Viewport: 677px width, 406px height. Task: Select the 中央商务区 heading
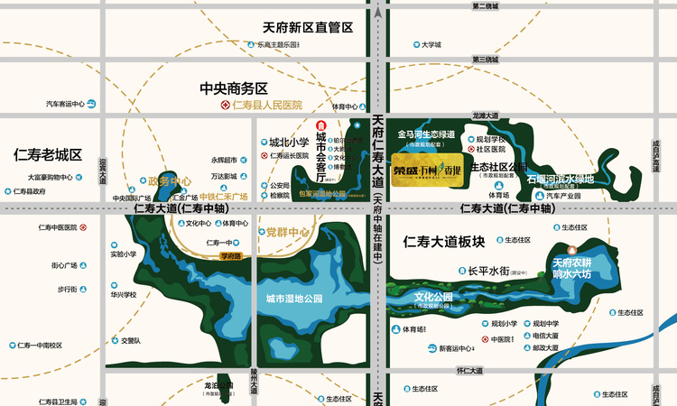tap(235, 88)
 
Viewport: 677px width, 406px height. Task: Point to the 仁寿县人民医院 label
tap(266, 106)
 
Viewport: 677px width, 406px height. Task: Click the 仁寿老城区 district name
tap(48, 154)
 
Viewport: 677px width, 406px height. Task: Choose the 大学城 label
tap(431, 43)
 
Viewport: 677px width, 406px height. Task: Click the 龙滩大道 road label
tap(485, 115)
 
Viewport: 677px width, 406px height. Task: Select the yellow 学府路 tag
tap(232, 256)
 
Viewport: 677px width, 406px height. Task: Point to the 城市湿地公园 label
tap(295, 298)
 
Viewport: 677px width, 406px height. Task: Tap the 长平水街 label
tap(489, 269)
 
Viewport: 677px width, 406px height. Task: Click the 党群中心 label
tap(288, 233)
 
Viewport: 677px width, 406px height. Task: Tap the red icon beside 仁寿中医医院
tap(83, 227)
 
